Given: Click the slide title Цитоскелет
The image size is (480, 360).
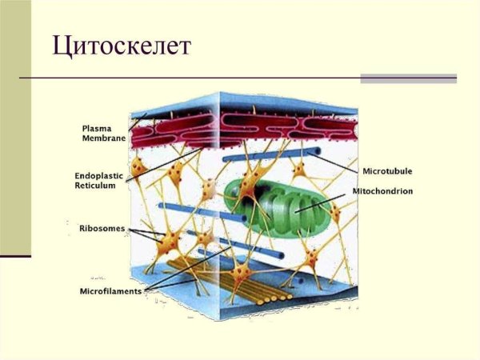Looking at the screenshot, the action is pos(122,46).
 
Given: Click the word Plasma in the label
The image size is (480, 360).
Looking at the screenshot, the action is pos(97,129).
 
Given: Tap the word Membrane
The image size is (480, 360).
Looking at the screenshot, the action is pos(104,138).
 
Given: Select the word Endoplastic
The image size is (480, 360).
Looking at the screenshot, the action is pos(99,176).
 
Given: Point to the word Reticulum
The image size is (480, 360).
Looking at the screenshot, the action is pos(95,186).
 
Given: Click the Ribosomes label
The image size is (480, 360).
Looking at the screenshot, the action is pos(102,229).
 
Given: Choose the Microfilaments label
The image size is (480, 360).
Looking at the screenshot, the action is pos(111,291).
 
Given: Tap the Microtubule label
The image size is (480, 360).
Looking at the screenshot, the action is pos(387,171).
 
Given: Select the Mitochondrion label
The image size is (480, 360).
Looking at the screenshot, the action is pos(382,191).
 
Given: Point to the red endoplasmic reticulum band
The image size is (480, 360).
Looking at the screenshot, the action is pos(244,130).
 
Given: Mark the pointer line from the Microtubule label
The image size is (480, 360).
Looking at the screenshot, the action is pos(333,162).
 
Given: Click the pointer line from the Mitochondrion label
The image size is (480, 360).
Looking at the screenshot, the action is pos(320,203).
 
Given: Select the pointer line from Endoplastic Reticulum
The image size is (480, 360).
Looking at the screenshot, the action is pos(164,165).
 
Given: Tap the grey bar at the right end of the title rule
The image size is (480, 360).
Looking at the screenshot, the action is pos(408,78).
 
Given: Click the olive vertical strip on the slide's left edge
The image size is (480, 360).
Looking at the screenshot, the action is pos(15,127).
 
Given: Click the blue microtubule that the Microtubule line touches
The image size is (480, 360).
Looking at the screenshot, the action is pos(271,154).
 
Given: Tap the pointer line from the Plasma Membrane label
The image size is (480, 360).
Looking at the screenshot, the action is pos(138,122).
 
